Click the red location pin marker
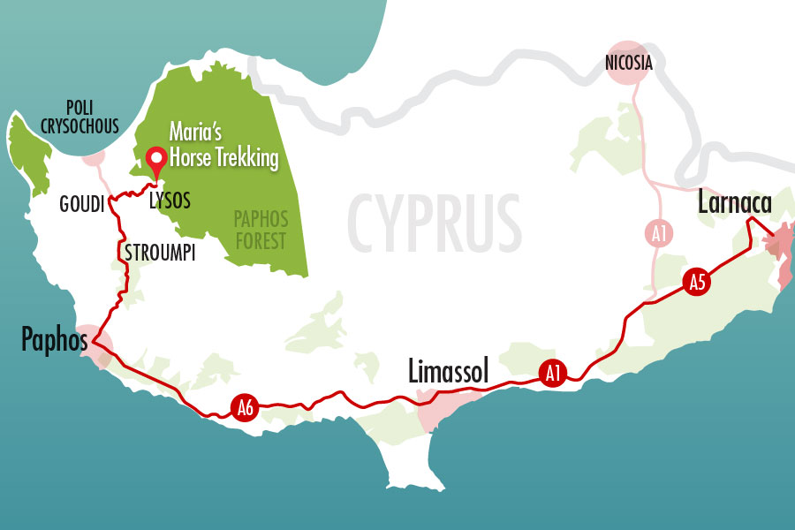(x=157, y=160)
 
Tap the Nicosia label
(x=629, y=64)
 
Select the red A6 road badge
(x=246, y=407)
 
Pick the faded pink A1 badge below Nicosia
(x=658, y=234)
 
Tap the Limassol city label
(x=448, y=372)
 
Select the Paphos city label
(x=52, y=340)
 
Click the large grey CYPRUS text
(x=433, y=218)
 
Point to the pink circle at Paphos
(x=94, y=345)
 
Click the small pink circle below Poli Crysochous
(x=93, y=158)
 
